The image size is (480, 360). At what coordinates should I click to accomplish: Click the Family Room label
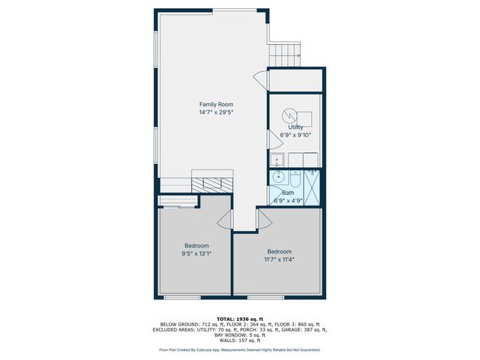pos(216,103)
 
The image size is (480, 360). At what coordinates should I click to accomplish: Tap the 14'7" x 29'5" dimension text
pos(216,112)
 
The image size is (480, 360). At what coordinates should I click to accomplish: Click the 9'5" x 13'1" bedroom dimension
pos(196,254)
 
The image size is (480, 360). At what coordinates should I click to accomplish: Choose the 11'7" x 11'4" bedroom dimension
pos(279,259)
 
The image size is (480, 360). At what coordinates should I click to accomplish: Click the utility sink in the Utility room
pos(276,159)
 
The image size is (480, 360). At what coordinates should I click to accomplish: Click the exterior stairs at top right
pos(286,54)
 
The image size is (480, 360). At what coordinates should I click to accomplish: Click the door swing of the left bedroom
pos(223,218)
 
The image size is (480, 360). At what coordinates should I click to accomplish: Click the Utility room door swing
pos(272,136)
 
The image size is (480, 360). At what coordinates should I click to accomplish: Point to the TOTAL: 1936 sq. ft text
pos(240,319)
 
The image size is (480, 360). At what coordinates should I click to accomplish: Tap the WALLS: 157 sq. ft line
pos(240,340)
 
